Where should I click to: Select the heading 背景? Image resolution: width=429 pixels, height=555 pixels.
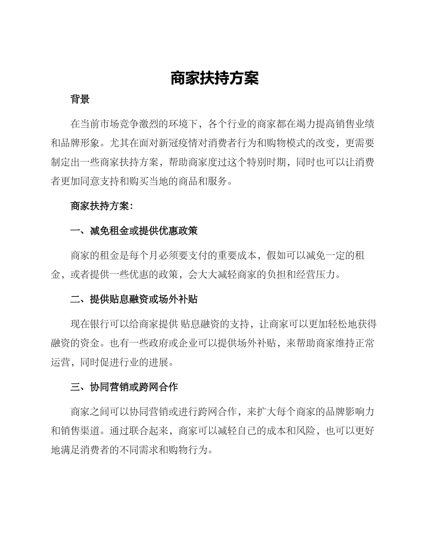(80, 100)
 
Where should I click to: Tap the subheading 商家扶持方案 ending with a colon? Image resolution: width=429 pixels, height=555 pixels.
(102, 206)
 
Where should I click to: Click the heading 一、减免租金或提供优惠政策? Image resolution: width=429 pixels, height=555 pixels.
(134, 231)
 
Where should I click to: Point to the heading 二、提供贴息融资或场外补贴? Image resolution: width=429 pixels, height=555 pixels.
(134, 299)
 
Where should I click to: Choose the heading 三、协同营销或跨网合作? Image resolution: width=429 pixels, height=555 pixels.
(124, 387)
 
